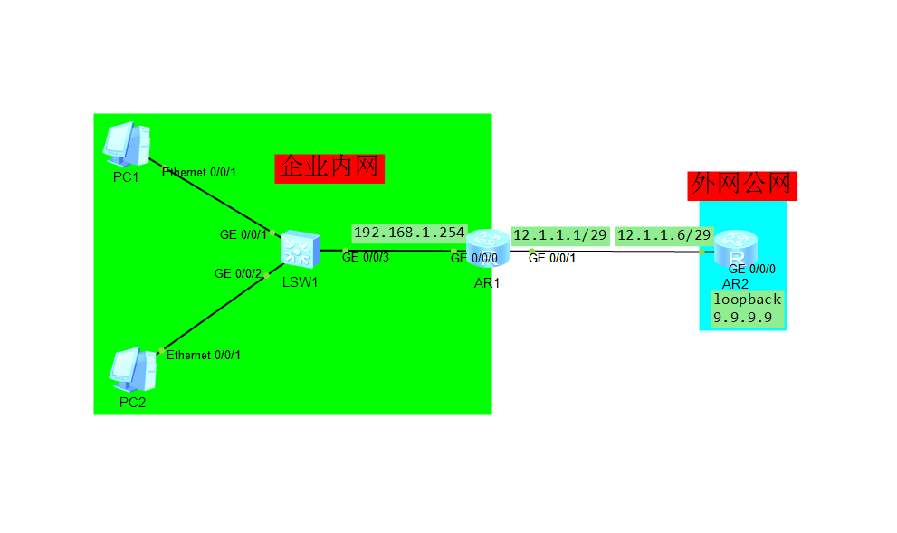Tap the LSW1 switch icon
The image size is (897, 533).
pos(299,250)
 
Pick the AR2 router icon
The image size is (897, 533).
pos(737,248)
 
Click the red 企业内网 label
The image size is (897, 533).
pos(329,167)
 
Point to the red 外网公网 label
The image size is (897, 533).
pos(742,185)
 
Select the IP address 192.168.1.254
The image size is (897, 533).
pos(409,233)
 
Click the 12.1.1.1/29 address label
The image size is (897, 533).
pos(559,235)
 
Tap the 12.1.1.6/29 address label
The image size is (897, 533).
pos(663,235)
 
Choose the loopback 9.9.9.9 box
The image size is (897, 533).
pos(747,309)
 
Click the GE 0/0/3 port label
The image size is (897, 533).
pos(366,259)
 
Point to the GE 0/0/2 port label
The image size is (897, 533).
pos(238,273)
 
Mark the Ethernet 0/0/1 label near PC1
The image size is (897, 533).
pos(199,172)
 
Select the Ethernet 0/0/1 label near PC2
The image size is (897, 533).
pos(204,356)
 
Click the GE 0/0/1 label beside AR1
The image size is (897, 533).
pos(551,259)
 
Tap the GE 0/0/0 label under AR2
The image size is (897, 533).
pos(752,269)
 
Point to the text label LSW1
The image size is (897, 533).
pos(300,281)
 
